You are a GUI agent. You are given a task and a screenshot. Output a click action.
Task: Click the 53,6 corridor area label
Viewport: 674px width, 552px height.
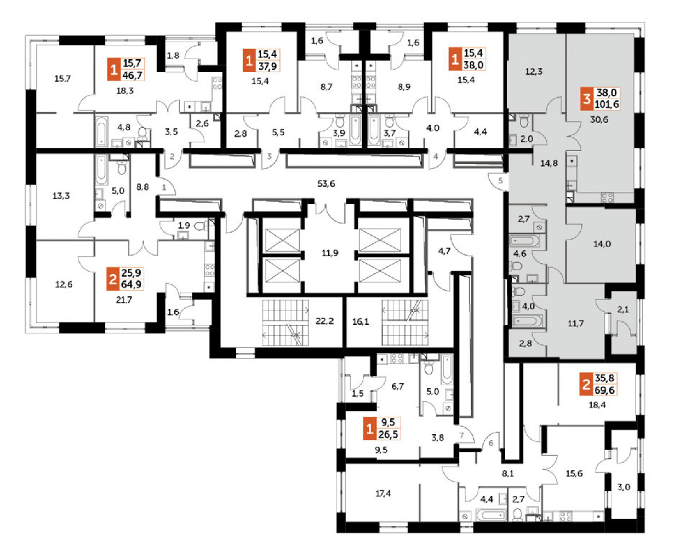click(326, 184)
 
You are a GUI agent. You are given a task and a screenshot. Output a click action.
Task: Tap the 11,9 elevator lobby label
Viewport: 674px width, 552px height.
click(329, 253)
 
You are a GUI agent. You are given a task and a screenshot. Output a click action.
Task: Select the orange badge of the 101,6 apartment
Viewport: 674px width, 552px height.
click(586, 98)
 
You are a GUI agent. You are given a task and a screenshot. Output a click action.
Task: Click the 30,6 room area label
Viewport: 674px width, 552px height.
click(598, 120)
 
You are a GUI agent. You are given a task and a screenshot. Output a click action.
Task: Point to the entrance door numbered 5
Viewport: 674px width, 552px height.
click(501, 181)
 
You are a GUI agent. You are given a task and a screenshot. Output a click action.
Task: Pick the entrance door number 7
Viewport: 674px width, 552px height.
click(462, 435)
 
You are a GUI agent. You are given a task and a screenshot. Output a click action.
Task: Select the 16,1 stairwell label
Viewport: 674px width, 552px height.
click(360, 321)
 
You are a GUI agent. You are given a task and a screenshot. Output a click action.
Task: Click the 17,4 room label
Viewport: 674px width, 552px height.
click(383, 494)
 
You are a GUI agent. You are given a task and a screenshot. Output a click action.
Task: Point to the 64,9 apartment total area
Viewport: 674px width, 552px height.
click(132, 284)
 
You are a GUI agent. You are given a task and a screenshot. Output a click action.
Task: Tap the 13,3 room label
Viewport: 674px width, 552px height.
click(61, 196)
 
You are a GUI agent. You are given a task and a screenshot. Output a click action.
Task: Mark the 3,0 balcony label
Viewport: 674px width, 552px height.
click(624, 487)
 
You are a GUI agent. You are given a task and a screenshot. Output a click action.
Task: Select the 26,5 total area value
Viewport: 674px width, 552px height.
click(388, 434)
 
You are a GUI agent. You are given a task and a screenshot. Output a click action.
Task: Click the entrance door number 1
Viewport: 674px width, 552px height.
click(164, 188)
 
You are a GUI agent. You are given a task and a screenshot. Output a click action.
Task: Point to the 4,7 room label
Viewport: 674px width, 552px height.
click(444, 250)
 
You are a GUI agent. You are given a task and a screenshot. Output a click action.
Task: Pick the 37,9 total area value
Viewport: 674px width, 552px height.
click(268, 65)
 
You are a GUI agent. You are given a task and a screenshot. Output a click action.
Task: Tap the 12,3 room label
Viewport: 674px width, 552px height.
click(534, 72)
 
